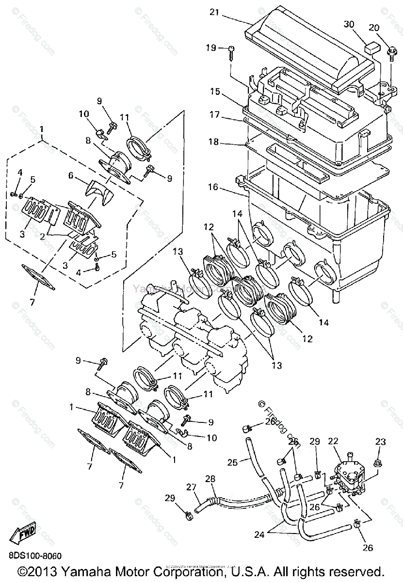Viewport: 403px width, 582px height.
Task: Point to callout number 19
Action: [x=210, y=48]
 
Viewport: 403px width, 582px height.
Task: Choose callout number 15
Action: [x=215, y=91]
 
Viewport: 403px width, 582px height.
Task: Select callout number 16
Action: [x=215, y=186]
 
